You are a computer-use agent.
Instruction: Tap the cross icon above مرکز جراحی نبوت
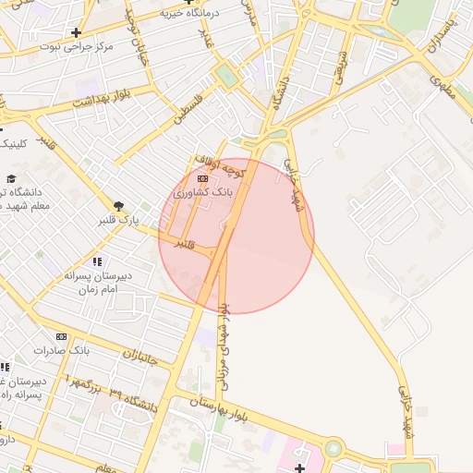[76, 32]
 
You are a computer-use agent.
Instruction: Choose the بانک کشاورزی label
[203, 192]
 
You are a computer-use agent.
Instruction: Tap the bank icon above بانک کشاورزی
[202, 177]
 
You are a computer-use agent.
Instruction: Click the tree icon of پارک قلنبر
[118, 206]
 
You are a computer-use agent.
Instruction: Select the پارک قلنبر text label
[118, 222]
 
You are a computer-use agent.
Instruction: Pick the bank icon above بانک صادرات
[62, 337]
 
